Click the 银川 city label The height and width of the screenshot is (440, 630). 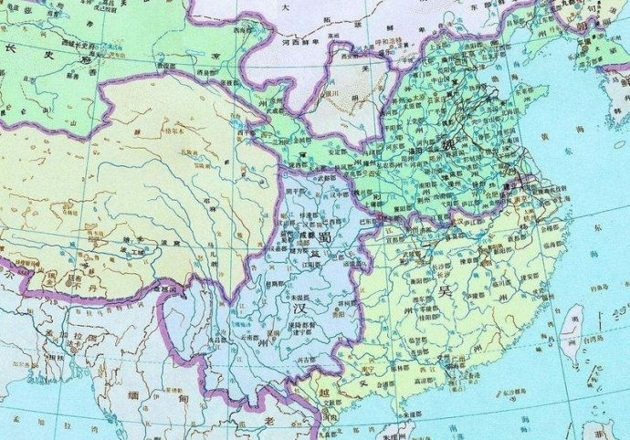(x=332, y=92)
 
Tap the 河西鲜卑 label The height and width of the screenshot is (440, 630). (x=301, y=41)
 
